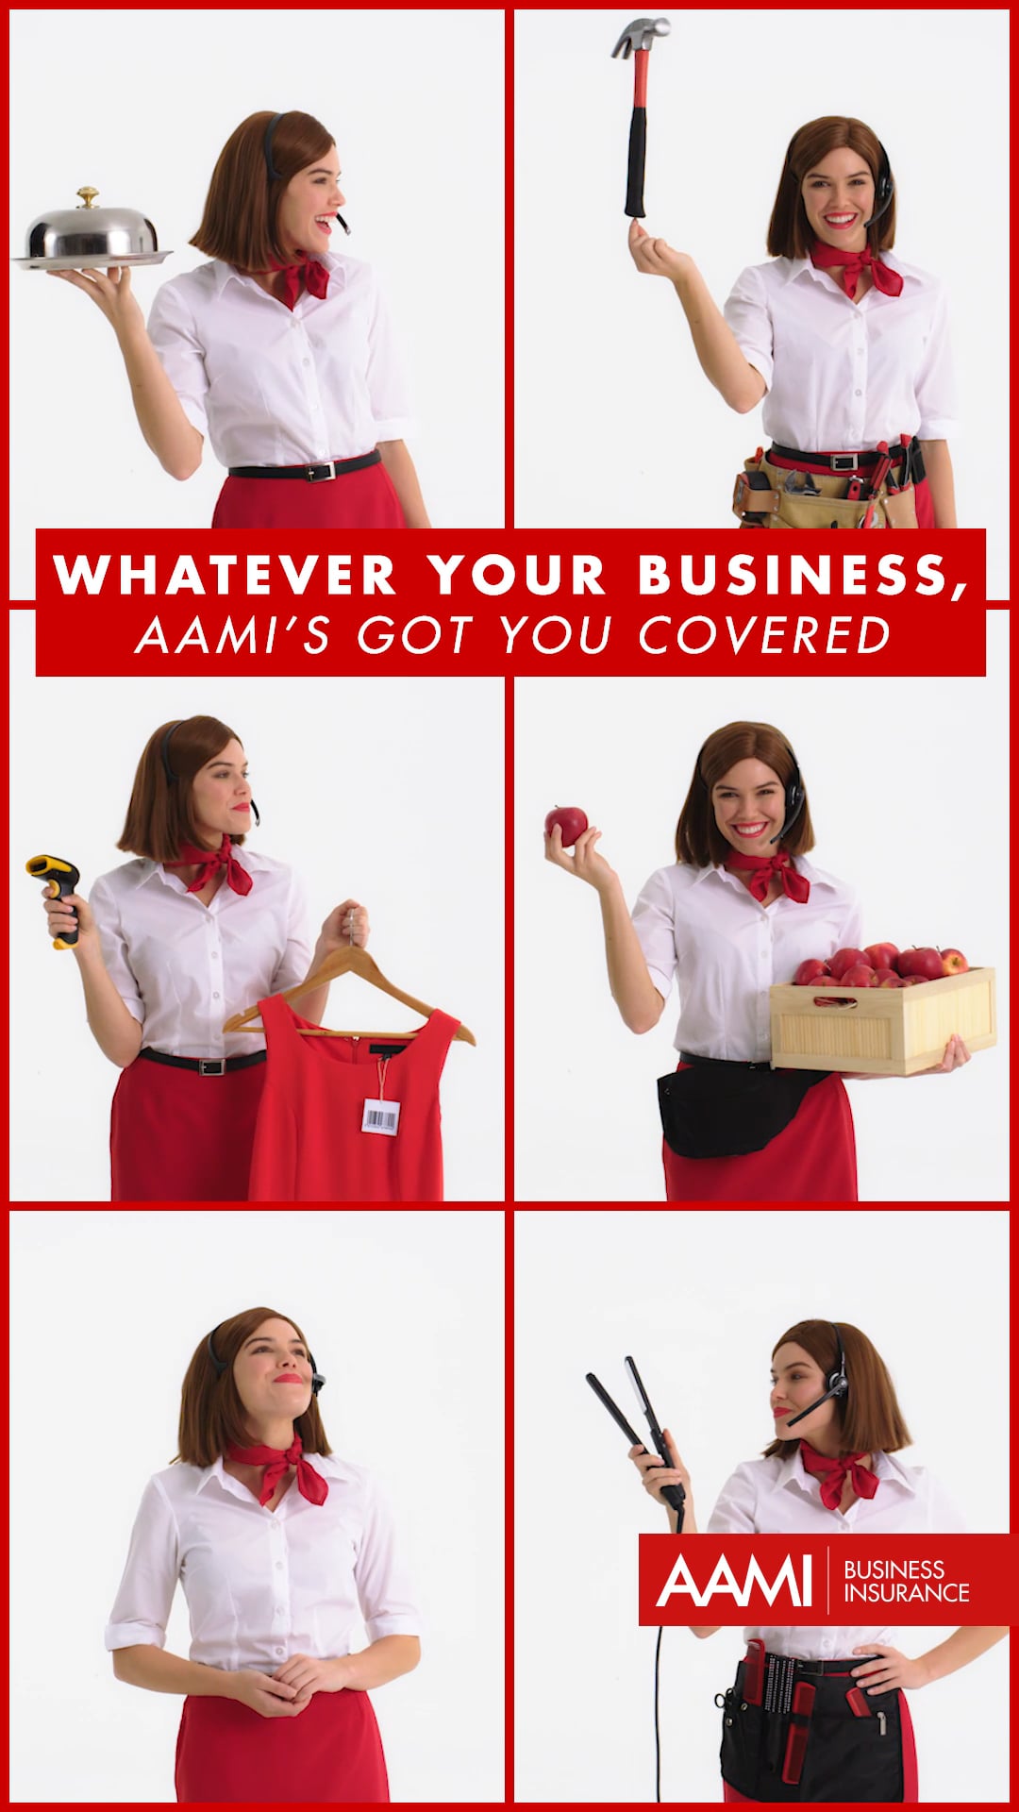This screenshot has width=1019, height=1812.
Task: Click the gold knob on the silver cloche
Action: pyautogui.click(x=88, y=197)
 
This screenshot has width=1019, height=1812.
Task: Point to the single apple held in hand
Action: pyautogui.click(x=566, y=824)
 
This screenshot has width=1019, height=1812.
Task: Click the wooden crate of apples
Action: pyautogui.click(x=882, y=1019)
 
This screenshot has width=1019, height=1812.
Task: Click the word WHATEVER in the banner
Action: pyautogui.click(x=225, y=574)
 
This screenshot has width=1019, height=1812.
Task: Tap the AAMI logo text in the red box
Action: pyautogui.click(x=734, y=1581)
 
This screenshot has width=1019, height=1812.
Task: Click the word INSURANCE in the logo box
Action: pyautogui.click(x=906, y=1594)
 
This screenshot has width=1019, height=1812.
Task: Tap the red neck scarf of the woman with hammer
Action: pyautogui.click(x=854, y=264)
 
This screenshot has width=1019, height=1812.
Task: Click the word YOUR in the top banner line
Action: pyautogui.click(x=516, y=574)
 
